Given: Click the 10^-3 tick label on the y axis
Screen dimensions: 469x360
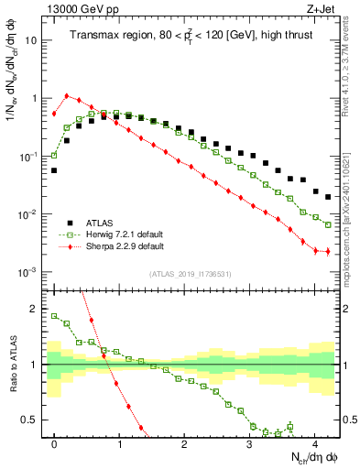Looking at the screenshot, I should coord(29,272).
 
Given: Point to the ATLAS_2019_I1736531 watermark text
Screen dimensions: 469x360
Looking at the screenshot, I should coord(191,274).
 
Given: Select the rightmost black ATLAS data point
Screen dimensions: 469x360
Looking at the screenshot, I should coord(328,197).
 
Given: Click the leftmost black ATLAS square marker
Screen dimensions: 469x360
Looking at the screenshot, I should coord(54,170).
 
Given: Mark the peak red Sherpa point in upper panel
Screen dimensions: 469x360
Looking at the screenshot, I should coord(67,95).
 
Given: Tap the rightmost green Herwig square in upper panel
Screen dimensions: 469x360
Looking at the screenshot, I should coord(328,224).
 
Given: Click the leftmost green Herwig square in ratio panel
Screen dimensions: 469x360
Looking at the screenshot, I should coord(54,316).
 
